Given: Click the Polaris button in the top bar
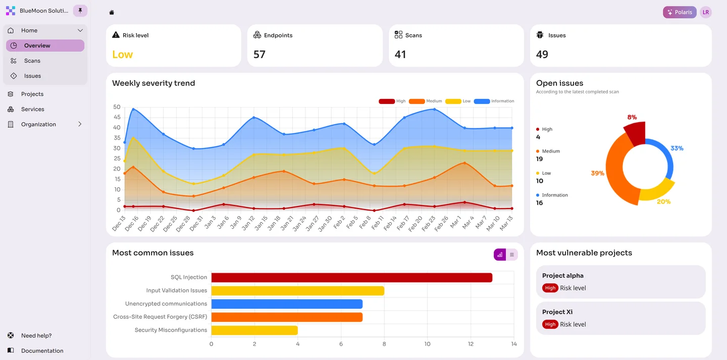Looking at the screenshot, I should (x=680, y=12).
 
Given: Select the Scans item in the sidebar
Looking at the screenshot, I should (x=32, y=61).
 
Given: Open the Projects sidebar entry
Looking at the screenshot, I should (x=32, y=94).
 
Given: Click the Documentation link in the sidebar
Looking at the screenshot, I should (x=42, y=351).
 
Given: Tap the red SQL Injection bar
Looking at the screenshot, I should (x=351, y=278).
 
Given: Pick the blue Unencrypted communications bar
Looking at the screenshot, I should (x=287, y=304).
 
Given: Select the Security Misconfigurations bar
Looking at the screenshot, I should (x=254, y=330).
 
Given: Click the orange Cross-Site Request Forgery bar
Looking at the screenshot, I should (x=287, y=317).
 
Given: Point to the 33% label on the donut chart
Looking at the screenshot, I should (x=677, y=148).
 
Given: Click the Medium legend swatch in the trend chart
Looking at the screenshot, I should (x=417, y=101).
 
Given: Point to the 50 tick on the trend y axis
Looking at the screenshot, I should (x=117, y=107).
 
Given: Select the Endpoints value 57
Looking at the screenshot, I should (x=259, y=55).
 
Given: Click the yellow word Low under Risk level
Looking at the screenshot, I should (x=122, y=55).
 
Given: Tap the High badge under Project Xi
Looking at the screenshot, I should (x=550, y=325).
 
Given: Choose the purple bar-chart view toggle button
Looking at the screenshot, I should (x=500, y=255).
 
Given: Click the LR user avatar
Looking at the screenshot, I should (x=706, y=12).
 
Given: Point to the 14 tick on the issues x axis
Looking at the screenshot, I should (x=514, y=344).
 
